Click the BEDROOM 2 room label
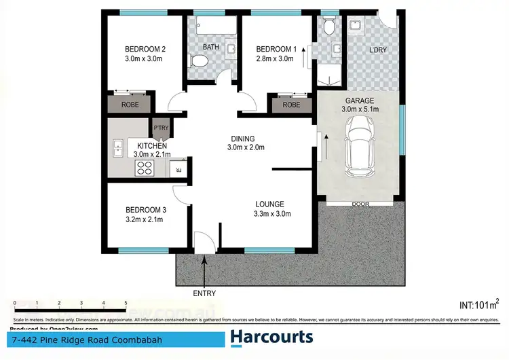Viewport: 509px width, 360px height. [x=145, y=49]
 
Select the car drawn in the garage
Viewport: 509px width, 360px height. [x=358, y=145]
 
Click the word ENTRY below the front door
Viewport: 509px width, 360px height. [x=204, y=293]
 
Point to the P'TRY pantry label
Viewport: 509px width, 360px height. [x=161, y=128]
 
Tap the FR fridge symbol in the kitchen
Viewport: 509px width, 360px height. [x=178, y=170]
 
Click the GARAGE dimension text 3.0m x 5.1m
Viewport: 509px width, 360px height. [x=360, y=109]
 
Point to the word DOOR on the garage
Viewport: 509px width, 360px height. [x=360, y=204]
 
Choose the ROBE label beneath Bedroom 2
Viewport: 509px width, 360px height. [x=130, y=105]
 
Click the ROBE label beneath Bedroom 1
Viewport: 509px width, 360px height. [x=291, y=105]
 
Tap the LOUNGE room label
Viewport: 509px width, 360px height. [x=269, y=204]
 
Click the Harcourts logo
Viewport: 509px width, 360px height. [x=271, y=337]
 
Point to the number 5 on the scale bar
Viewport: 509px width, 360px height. [x=126, y=304]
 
